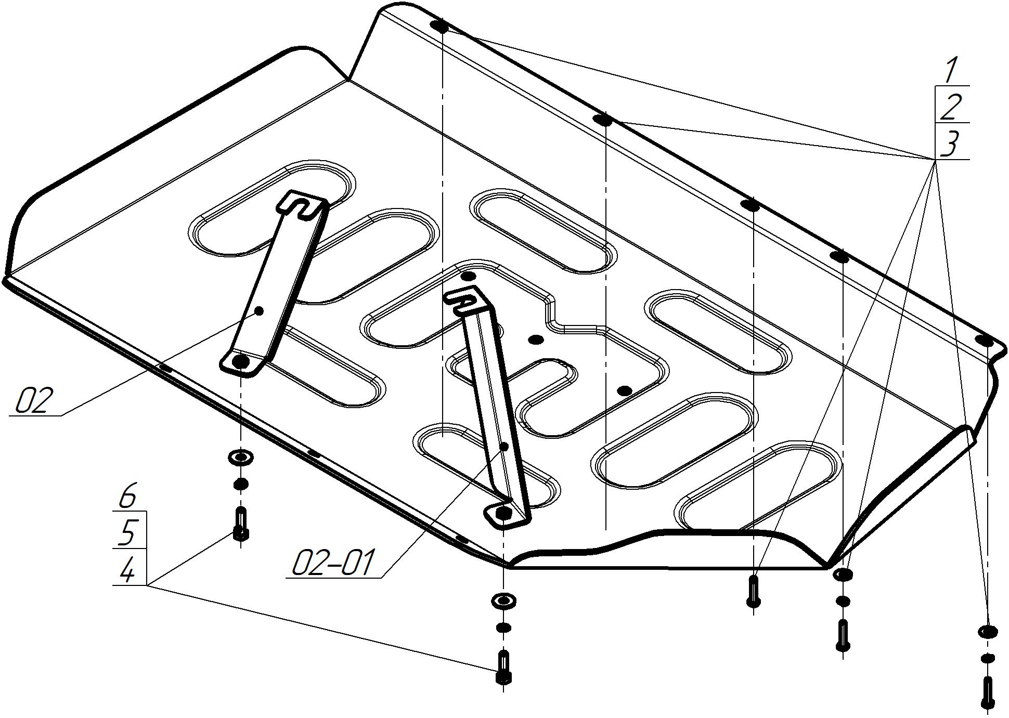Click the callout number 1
(x=951, y=71)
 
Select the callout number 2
(x=951, y=107)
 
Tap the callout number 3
(x=950, y=144)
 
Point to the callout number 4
(x=127, y=572)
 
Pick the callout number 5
(x=127, y=533)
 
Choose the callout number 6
(x=127, y=497)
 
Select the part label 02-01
(x=333, y=563)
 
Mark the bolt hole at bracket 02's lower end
(x=241, y=361)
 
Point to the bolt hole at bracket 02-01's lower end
(x=503, y=514)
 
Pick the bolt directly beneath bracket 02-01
(x=503, y=667)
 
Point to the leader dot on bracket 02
(x=259, y=311)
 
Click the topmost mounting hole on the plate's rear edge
(x=440, y=25)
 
